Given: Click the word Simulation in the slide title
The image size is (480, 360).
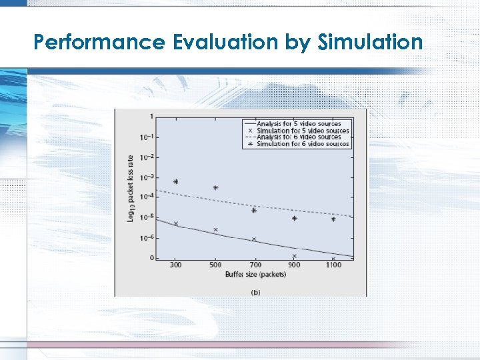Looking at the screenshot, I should point(371,43).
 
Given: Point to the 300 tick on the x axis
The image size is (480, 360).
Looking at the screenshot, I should point(175,265).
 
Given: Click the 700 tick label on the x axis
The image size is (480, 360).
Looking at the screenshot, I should point(254,265).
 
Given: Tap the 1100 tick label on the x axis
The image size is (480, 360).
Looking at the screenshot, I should point(333,265).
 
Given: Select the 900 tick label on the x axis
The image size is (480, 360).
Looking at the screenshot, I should point(294,265).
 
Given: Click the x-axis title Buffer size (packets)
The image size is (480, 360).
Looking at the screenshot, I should point(255,275).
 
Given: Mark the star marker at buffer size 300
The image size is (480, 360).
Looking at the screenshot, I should point(176,181).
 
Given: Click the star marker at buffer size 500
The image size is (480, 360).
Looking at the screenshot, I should point(215,188).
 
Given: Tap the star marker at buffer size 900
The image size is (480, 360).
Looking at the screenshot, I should point(294,219).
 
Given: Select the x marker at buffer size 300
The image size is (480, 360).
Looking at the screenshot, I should point(176,223).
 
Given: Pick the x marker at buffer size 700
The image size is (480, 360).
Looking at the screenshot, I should point(254,239).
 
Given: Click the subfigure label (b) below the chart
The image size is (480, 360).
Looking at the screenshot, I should point(255,291).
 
